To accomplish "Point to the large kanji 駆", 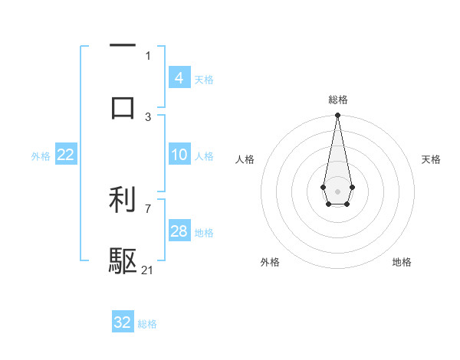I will (x=123, y=260).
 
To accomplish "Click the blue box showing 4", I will (x=179, y=78).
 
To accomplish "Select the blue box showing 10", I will (x=179, y=155).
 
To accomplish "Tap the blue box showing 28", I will (x=179, y=231).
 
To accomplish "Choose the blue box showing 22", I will (x=65, y=155).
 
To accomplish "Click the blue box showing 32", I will (x=123, y=322).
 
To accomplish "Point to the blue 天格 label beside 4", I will (x=204, y=80).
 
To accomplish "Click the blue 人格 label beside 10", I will (x=204, y=156).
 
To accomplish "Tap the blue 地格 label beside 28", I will (x=204, y=233).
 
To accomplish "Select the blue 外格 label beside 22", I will (x=41, y=156).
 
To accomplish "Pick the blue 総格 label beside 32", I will (x=147, y=324).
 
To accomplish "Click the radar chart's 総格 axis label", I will (x=337, y=100).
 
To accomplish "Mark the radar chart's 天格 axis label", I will (x=431, y=159).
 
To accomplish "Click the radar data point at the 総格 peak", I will (x=337, y=116).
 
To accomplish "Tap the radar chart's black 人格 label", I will (x=245, y=159).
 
